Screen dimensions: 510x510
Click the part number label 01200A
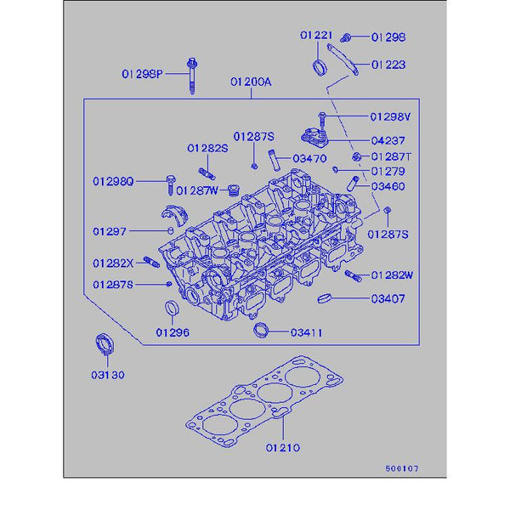[x=250, y=82]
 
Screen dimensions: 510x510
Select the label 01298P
[x=140, y=74]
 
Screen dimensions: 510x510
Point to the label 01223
[x=388, y=65]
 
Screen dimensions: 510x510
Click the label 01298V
[x=390, y=116]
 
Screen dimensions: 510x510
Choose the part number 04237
[x=388, y=140]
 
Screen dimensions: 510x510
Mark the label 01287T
[x=390, y=157]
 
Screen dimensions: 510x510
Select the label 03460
[x=388, y=186]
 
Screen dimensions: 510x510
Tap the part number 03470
[x=309, y=158]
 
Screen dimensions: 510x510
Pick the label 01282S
[x=208, y=148]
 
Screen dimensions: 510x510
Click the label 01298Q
[x=114, y=181]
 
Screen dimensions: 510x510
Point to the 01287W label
[x=198, y=190]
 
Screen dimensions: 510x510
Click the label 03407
[x=388, y=299]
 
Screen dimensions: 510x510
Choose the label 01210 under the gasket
[x=283, y=447]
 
